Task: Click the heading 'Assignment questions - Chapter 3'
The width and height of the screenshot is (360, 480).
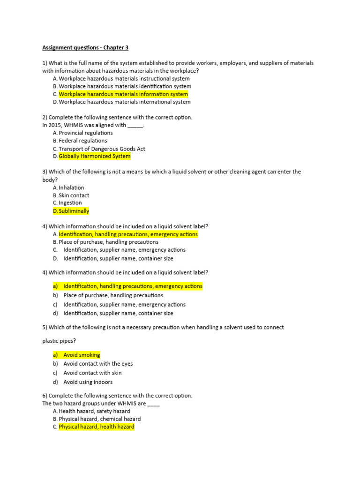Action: [85, 47]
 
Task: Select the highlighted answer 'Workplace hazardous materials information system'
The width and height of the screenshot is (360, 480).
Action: [123, 94]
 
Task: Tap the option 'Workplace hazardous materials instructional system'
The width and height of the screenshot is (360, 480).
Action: [124, 79]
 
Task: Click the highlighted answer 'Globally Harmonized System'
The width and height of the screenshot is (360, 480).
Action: [95, 156]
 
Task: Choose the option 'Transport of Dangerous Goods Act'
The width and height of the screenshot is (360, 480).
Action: [102, 149]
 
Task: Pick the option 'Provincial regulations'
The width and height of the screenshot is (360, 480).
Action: [86, 133]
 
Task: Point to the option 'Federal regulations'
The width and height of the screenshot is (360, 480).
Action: [83, 141]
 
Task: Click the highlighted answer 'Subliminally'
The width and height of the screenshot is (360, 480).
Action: [74, 211]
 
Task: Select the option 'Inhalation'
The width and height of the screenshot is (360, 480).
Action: [71, 187]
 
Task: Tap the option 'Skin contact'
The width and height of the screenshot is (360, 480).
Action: [74, 195]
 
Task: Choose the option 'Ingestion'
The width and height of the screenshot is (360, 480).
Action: [70, 203]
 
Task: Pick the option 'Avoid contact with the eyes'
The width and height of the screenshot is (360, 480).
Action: [98, 364]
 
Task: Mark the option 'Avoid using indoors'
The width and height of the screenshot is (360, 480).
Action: [88, 382]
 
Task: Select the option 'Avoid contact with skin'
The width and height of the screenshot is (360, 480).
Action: [92, 373]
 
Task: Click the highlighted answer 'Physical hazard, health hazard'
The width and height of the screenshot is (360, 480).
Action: [97, 427]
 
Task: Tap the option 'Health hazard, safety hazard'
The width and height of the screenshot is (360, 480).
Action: [94, 411]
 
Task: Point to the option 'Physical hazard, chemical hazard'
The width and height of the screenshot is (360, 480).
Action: [100, 419]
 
